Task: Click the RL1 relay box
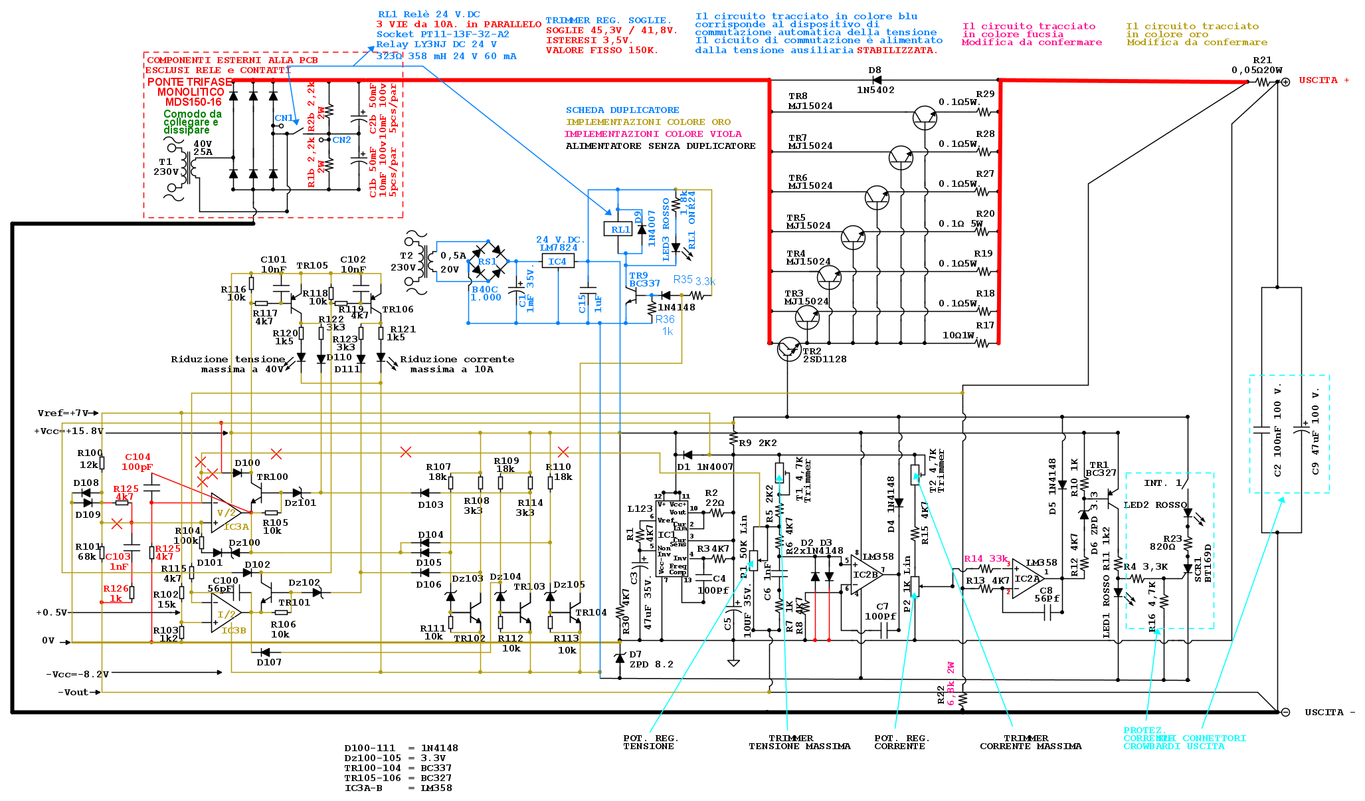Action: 620,229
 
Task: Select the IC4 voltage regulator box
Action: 557,261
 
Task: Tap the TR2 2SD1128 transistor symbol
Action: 788,348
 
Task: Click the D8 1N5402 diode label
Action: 875,80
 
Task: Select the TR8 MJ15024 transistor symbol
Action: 924,118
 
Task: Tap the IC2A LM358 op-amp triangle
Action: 1027,578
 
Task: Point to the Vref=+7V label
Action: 63,413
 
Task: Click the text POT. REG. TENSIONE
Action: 650,743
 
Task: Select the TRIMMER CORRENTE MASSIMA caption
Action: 1030,743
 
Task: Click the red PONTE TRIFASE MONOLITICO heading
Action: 190,92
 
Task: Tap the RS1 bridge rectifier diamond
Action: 488,261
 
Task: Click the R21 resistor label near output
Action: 1262,60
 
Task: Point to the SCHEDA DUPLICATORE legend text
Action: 622,110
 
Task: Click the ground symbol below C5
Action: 733,662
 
